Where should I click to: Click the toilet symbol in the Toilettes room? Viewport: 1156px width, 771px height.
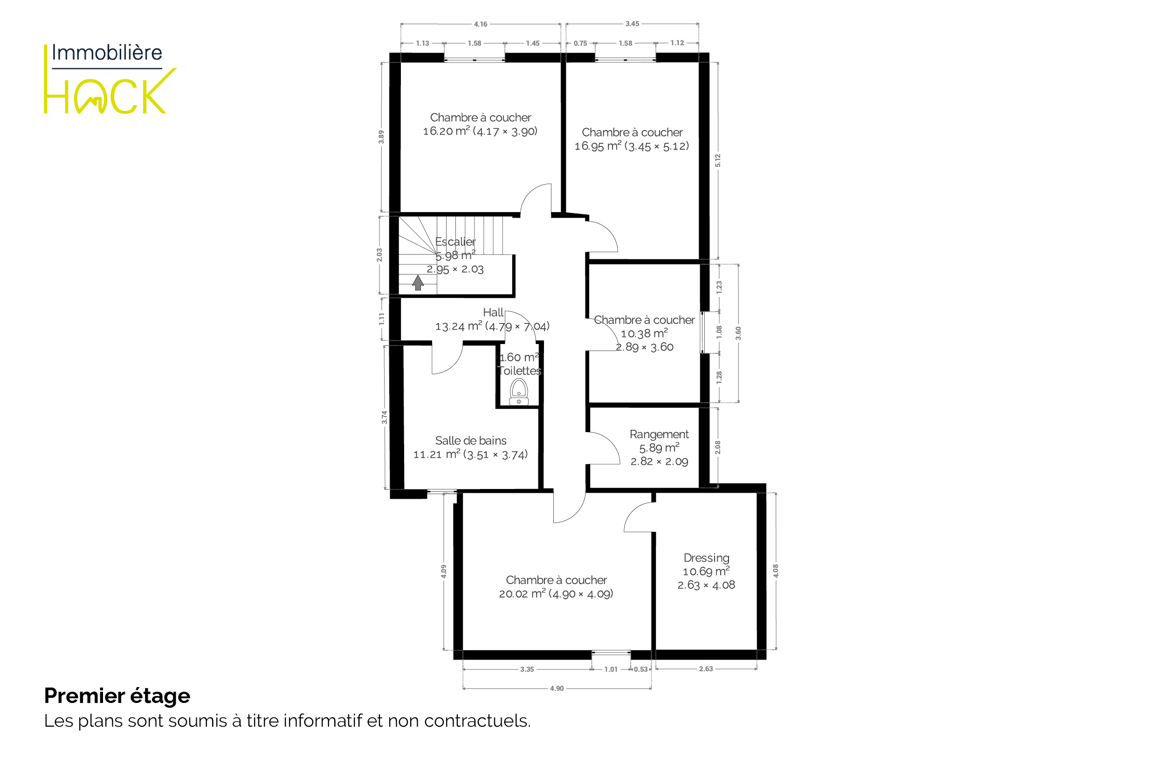click(x=519, y=392)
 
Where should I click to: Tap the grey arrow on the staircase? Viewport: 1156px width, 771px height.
click(x=418, y=283)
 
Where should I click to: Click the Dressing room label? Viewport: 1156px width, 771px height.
click(x=707, y=558)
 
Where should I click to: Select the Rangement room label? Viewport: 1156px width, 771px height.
click(x=660, y=434)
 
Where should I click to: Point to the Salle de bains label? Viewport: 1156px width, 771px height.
click(x=471, y=441)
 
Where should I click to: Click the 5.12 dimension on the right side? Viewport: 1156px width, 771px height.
click(x=718, y=160)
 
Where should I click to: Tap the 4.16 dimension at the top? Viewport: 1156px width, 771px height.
click(x=481, y=24)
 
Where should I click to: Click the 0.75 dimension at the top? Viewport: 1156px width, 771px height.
click(x=580, y=43)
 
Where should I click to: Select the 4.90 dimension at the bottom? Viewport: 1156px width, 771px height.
click(x=557, y=688)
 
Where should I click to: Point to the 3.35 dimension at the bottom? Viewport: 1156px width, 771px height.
click(x=527, y=669)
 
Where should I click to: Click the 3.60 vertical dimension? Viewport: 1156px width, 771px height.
click(x=738, y=333)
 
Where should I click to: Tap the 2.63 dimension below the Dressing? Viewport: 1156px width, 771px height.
click(x=706, y=669)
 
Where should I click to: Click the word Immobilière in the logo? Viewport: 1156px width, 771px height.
click(x=107, y=53)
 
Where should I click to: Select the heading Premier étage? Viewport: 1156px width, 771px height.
click(x=117, y=696)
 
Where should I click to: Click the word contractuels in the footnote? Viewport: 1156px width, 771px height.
click(x=477, y=721)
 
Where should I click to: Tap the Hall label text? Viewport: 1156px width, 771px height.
click(x=493, y=312)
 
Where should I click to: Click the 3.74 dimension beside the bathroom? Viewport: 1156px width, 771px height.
click(x=385, y=417)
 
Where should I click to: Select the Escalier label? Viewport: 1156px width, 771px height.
click(x=455, y=242)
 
